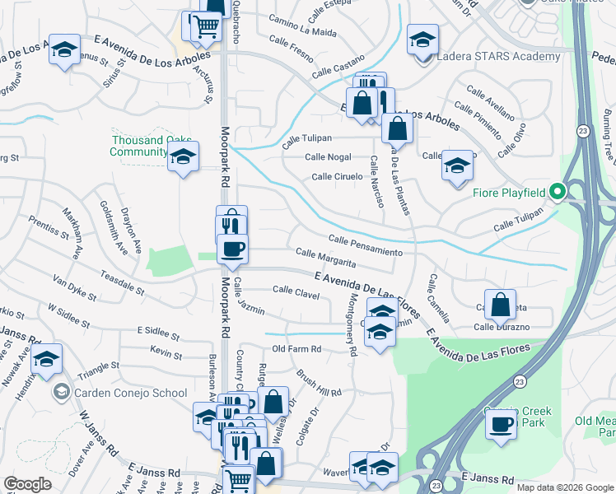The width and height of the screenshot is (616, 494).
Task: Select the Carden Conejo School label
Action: pyautogui.click(x=132, y=393)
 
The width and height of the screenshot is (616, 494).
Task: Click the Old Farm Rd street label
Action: pyautogui.click(x=296, y=350)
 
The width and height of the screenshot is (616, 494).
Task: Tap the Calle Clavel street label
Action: pyautogui.click(x=296, y=290)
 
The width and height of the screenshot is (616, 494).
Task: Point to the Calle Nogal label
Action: pyautogui.click(x=328, y=156)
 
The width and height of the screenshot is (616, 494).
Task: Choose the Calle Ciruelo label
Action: pyautogui.click(x=336, y=177)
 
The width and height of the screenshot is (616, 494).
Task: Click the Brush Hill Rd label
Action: pyautogui.click(x=319, y=382)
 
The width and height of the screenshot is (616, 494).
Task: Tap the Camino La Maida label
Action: pyautogui.click(x=302, y=32)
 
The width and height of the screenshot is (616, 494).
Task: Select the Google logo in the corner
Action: pyautogui.click(x=27, y=484)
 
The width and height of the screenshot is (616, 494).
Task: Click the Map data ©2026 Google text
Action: pyautogui.click(x=565, y=487)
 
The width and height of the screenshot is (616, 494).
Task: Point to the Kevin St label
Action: pyautogui.click(x=166, y=354)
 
